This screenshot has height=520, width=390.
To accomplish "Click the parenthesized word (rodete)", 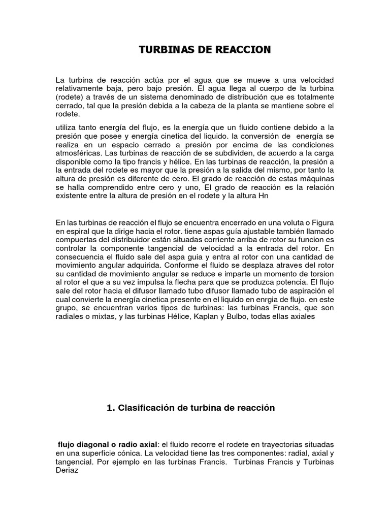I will (70, 97).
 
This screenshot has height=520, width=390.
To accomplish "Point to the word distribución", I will (245, 97).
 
